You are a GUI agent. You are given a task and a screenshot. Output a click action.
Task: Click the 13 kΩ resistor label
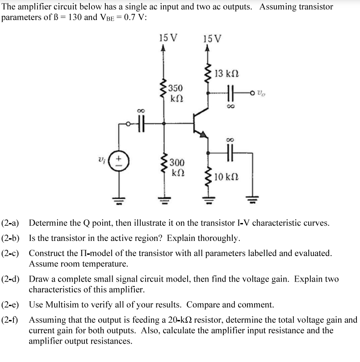pos(226,73)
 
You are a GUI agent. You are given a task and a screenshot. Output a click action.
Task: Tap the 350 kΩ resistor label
pos(175,92)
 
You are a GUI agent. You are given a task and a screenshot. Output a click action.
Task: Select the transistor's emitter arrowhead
pos(203,134)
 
